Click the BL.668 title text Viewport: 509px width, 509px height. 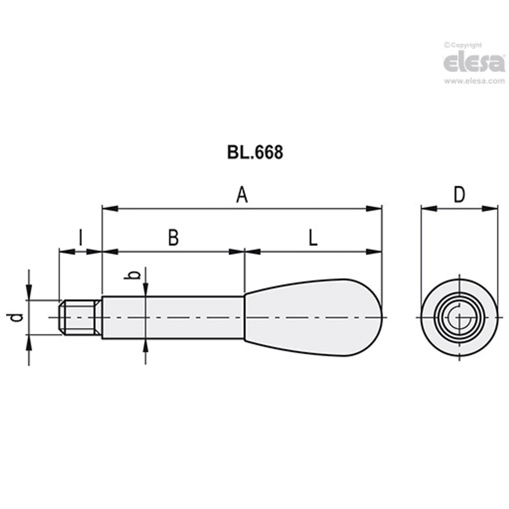pos(255,153)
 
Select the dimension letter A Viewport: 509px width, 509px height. pos(242,196)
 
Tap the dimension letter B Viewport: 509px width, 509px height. pos(173,238)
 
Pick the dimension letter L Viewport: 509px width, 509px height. pos(313,238)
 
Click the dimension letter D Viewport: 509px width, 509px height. pos(460,195)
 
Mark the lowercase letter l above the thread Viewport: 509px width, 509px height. pos(81,238)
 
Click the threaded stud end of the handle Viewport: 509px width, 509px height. pos(80,317)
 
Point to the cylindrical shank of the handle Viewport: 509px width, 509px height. pos(173,317)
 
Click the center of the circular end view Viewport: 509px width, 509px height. pos(460,317)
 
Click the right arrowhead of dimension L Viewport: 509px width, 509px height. pos(374,252)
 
